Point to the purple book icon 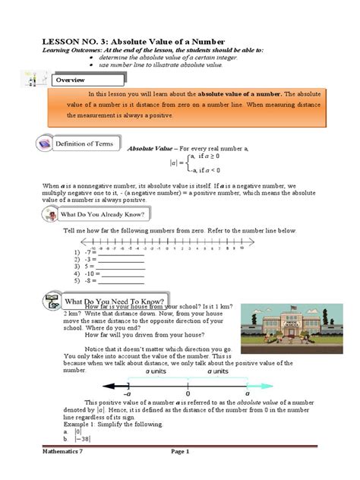pyautogui.click(x=46, y=144)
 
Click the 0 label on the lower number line pyautogui.click(x=188, y=393)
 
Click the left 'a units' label pyautogui.click(x=157, y=373)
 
